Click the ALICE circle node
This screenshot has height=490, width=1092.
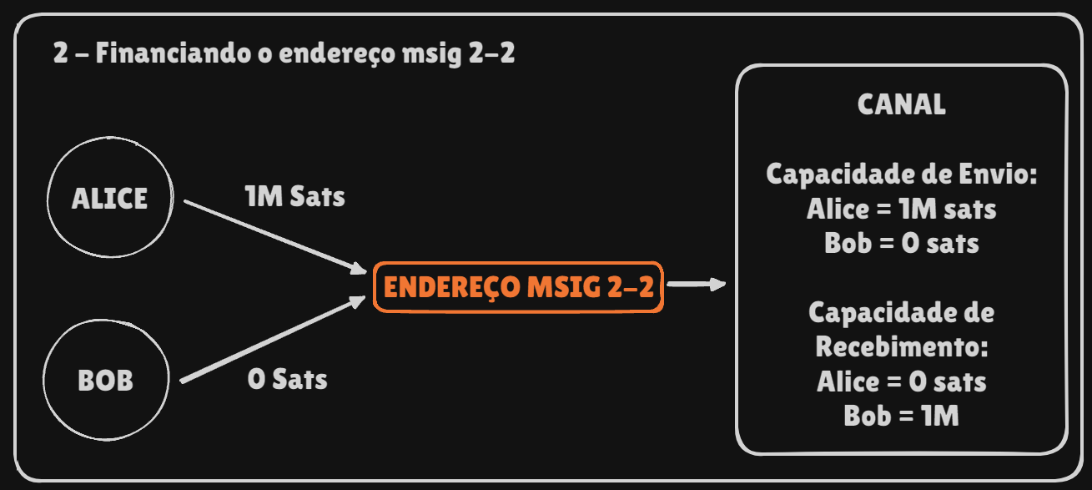109,199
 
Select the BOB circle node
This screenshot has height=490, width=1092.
105,381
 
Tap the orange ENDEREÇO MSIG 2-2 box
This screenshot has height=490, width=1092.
518,287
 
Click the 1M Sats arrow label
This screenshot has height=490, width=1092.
294,197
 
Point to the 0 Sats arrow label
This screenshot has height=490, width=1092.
287,379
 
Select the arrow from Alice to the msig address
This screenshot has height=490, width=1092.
275,236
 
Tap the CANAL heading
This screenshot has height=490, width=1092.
901,104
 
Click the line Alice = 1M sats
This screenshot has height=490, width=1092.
901,209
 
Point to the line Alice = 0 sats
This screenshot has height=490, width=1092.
901,381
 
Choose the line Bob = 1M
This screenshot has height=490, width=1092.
901,416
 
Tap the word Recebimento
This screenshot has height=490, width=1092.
901,347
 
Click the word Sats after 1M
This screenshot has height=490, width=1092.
317,197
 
